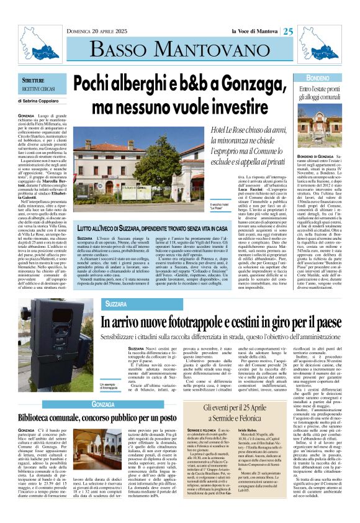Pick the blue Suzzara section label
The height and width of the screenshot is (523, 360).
(116, 305)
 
